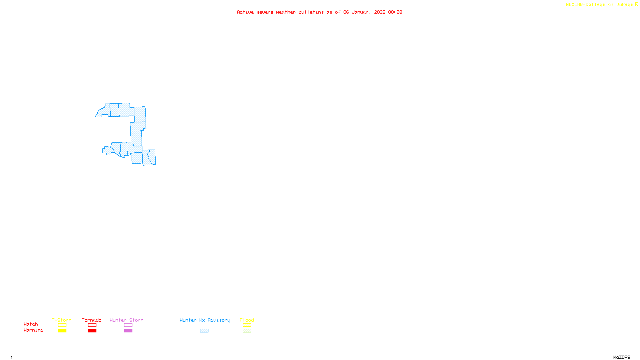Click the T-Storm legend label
62,320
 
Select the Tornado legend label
92,320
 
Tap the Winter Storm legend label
126,320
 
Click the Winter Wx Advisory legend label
205,320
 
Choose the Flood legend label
247,320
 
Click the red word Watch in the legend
31,324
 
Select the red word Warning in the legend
34,330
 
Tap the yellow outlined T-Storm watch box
62,325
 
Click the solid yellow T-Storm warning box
62,331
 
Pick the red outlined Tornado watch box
92,325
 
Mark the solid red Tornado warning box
92,331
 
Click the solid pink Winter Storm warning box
128,331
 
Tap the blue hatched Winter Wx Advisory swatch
204,331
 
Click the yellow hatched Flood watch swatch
247,325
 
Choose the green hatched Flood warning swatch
247,331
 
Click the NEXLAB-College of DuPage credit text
600,5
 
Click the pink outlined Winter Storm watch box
128,325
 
